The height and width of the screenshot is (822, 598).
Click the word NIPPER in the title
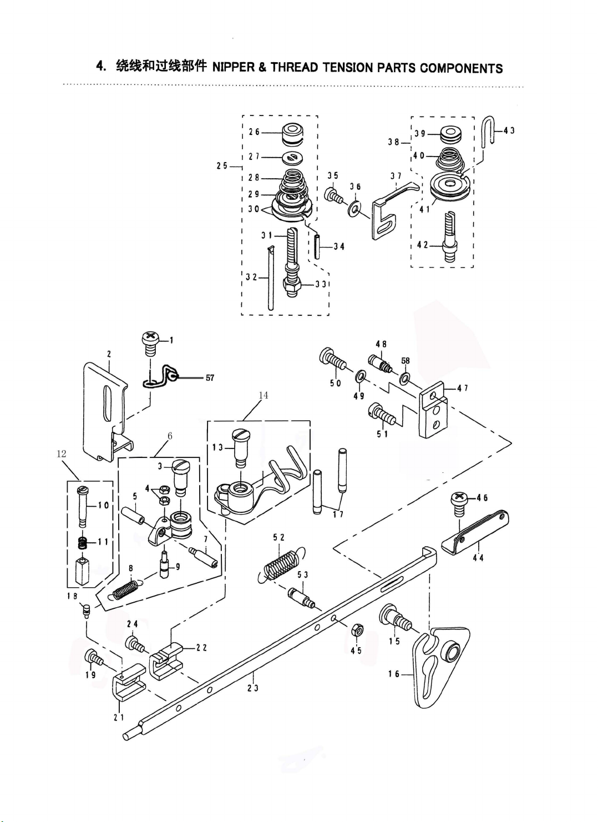click(235, 68)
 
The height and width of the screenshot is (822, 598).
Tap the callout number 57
click(210, 377)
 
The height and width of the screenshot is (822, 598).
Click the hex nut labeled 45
click(357, 630)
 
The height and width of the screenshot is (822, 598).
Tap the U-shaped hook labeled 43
click(487, 132)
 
